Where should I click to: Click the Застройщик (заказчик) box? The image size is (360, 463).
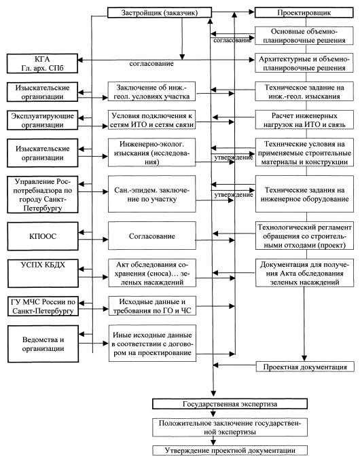[x=159, y=13]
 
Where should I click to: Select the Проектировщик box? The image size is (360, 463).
[x=304, y=13]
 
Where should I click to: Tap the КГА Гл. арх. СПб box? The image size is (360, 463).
[x=42, y=64]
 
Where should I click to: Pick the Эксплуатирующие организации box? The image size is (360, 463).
[x=42, y=120]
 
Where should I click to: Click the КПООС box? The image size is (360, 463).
[x=43, y=236]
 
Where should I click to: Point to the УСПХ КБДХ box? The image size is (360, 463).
[x=43, y=274]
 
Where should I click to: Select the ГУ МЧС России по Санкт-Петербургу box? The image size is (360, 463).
[x=43, y=306]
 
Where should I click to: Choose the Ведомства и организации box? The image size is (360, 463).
[x=43, y=344]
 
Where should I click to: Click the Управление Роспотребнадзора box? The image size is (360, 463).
[x=43, y=195]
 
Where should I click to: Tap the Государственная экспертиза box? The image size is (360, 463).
[x=230, y=404]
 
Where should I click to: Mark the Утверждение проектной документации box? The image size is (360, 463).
[x=230, y=450]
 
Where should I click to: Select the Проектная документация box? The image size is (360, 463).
[x=305, y=367]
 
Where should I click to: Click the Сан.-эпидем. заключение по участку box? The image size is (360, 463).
[x=151, y=194]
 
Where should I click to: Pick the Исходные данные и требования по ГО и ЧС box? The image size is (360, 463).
[x=152, y=306]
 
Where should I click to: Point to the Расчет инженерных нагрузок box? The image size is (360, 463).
[x=304, y=120]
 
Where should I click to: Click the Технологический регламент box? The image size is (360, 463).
[x=304, y=236]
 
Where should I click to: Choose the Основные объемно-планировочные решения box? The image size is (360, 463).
[x=304, y=36]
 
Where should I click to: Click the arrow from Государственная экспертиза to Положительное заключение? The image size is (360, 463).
[x=213, y=413]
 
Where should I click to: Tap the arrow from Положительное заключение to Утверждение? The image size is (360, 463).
[x=213, y=441]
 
